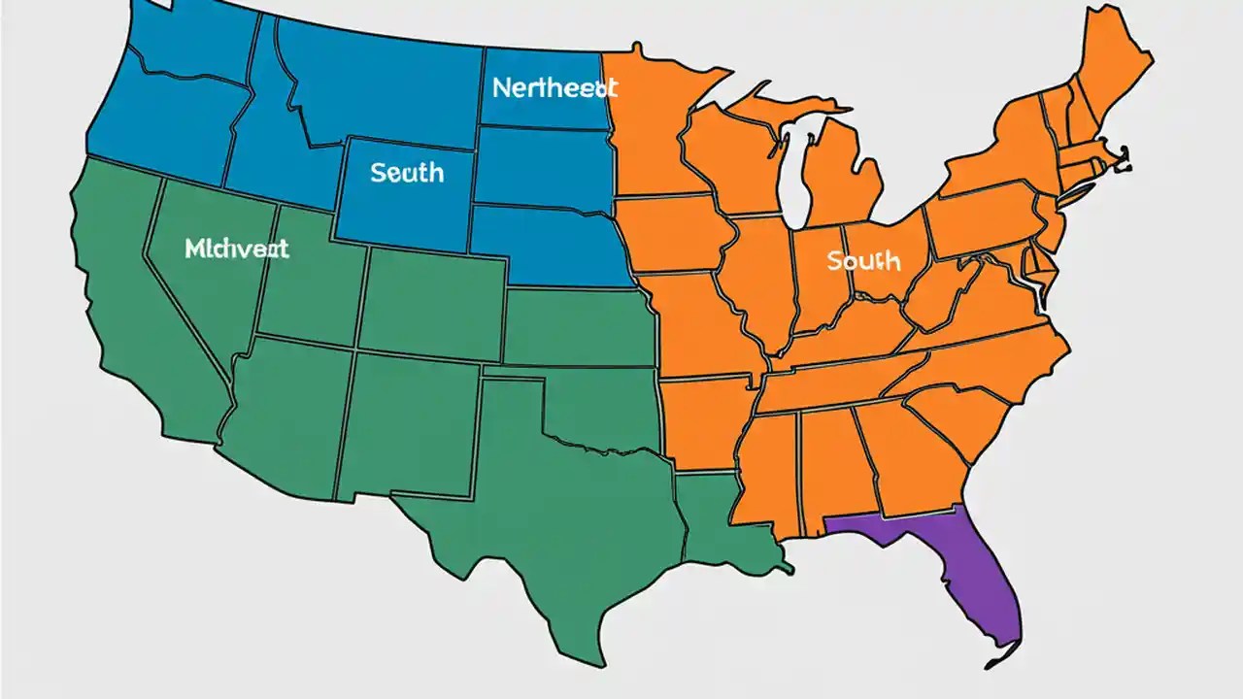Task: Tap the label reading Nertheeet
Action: click(554, 88)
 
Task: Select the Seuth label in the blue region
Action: click(407, 174)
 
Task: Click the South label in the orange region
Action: click(863, 261)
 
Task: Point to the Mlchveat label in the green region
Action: click(236, 249)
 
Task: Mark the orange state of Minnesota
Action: click(651, 126)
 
